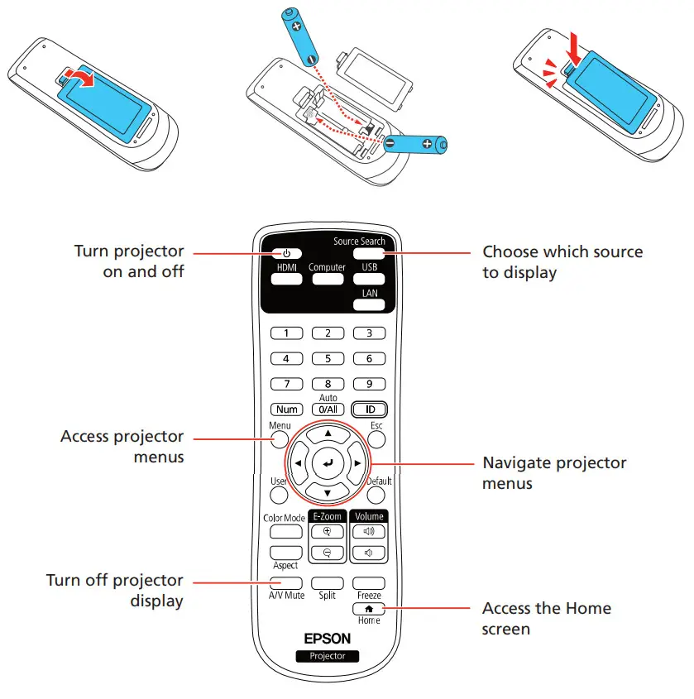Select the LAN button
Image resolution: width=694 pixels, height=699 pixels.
tap(369, 304)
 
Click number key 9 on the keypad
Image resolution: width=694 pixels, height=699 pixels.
tap(369, 384)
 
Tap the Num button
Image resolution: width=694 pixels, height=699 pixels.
tap(286, 409)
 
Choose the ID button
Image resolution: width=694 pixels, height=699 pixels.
tap(369, 409)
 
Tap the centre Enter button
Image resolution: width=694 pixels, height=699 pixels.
tap(328, 463)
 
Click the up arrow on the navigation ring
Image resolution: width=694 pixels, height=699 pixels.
tap(328, 433)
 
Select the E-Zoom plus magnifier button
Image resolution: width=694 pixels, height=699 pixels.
tap(327, 533)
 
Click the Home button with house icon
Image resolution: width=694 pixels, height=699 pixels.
tap(369, 608)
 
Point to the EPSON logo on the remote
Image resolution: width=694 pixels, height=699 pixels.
tap(328, 638)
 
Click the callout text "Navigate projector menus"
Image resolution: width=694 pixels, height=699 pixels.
tap(554, 472)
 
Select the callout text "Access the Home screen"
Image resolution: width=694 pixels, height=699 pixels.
tap(547, 618)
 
